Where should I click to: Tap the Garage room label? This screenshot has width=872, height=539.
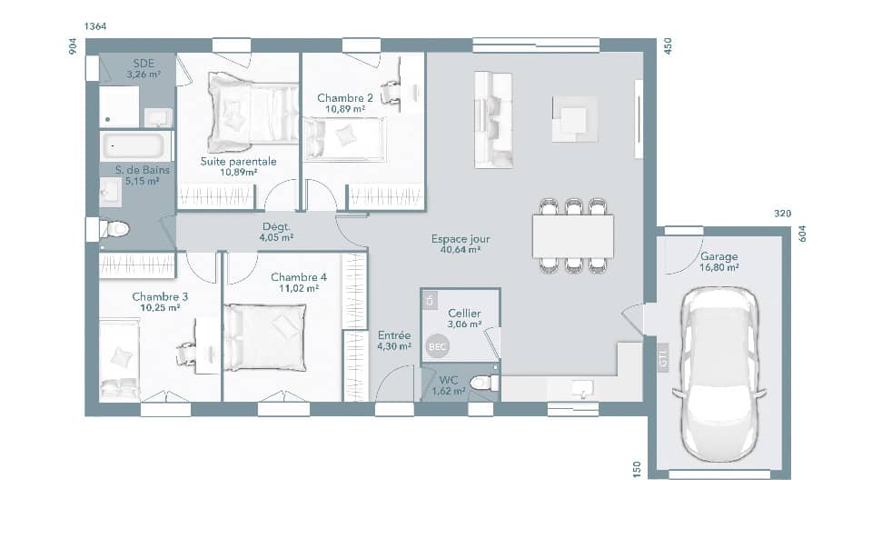[x=718, y=257]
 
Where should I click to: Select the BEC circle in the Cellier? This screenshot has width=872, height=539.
[x=437, y=346]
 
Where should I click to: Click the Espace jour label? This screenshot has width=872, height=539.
[x=460, y=240]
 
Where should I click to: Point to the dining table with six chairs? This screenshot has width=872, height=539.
[x=572, y=236]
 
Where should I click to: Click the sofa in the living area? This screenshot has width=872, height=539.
[x=493, y=120]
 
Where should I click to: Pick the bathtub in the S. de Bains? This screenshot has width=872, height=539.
[x=135, y=146]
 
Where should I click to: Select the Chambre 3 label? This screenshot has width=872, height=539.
[x=160, y=296]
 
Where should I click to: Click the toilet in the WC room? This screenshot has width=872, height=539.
[x=485, y=383]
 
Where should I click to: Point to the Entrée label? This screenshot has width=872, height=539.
[x=394, y=335]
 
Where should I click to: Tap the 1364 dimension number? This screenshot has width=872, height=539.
[x=95, y=26]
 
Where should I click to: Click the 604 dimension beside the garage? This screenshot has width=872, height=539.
[x=802, y=233]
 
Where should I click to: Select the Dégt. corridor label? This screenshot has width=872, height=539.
[x=275, y=227]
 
